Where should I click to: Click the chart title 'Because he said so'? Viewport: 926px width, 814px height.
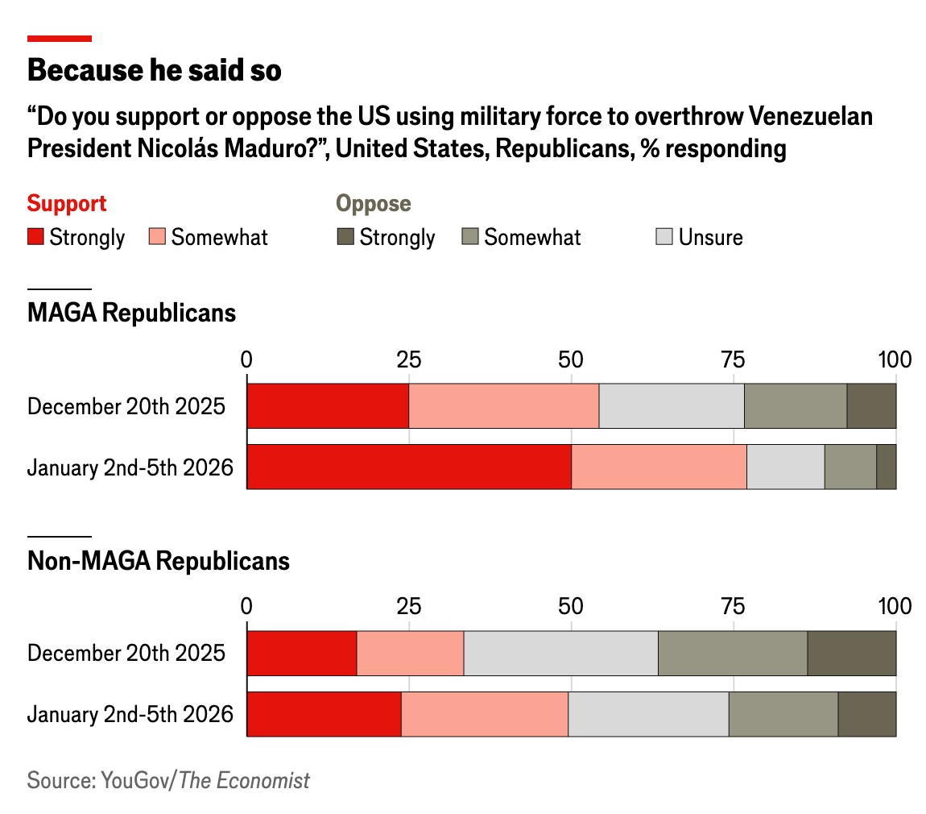[155, 71]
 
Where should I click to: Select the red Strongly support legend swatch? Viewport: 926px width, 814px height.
[35, 237]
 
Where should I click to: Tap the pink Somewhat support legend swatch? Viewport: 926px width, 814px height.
[157, 237]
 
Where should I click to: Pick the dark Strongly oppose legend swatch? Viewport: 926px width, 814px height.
[345, 237]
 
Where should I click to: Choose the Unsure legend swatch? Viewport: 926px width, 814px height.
[664, 237]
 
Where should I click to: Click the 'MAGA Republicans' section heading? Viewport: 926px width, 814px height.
[132, 313]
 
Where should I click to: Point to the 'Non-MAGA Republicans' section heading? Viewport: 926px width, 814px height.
[159, 561]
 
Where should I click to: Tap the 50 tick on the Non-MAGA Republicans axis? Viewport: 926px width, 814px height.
[571, 606]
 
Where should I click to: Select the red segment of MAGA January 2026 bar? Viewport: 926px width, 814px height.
[409, 467]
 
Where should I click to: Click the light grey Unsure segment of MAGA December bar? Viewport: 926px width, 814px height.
[672, 406]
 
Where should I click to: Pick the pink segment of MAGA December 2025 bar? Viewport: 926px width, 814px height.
[504, 406]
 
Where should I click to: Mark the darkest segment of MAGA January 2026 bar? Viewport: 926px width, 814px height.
[886, 467]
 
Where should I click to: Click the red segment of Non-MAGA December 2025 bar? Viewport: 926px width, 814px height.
[302, 654]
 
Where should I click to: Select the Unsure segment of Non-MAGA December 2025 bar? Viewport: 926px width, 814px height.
[560, 654]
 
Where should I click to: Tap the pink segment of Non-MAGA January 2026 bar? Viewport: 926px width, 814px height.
[485, 714]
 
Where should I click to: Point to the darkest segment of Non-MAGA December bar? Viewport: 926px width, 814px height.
[851, 654]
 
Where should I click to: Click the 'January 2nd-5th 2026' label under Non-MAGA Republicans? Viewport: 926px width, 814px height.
[130, 714]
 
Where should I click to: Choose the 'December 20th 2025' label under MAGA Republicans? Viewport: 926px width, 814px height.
[126, 406]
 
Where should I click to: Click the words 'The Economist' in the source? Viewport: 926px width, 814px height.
[244, 780]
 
